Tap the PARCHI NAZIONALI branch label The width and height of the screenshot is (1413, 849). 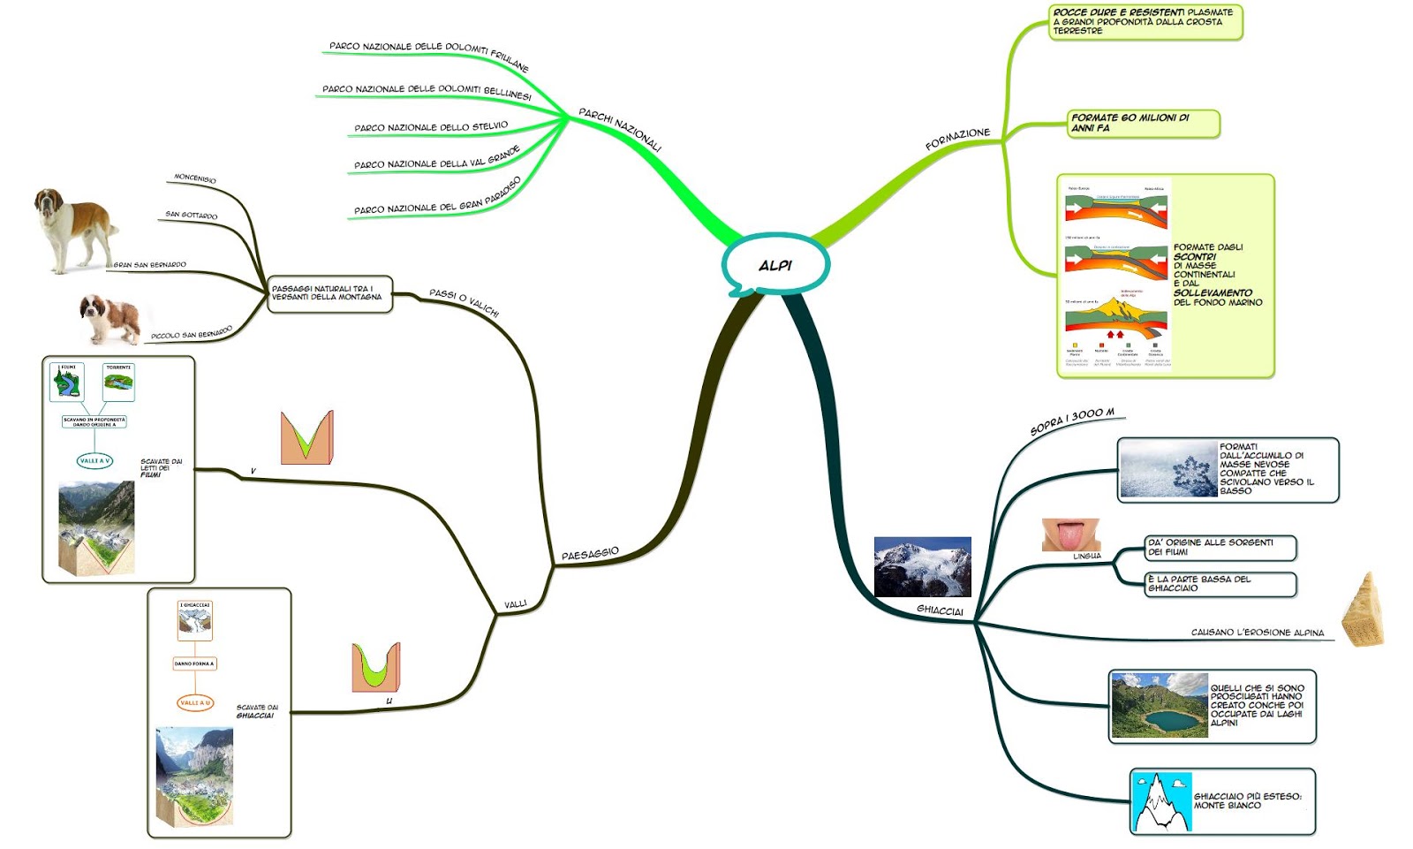(x=620, y=129)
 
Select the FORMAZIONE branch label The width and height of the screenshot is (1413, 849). (x=957, y=139)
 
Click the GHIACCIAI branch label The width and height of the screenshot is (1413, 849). (x=940, y=610)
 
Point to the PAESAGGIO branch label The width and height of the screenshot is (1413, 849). (x=590, y=554)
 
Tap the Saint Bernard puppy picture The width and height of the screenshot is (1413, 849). (x=110, y=318)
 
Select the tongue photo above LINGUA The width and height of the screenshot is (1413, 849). (x=1070, y=534)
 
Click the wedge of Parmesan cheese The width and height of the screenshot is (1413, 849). (x=1363, y=610)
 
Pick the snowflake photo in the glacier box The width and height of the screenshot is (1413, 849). (x=1167, y=469)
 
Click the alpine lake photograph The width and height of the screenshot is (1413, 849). (x=1159, y=705)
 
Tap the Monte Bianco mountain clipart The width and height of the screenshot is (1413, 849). (x=1161, y=802)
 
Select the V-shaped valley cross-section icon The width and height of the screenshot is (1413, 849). (x=306, y=437)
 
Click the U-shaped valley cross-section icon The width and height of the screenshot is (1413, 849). (x=375, y=668)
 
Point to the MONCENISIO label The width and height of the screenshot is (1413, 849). (x=194, y=178)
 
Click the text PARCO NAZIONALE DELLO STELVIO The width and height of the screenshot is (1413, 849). (x=431, y=127)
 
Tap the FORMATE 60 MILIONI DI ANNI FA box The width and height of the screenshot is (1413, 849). (x=1143, y=123)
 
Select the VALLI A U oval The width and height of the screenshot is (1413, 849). (x=195, y=703)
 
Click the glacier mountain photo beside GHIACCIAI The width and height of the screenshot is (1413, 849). (x=922, y=566)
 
